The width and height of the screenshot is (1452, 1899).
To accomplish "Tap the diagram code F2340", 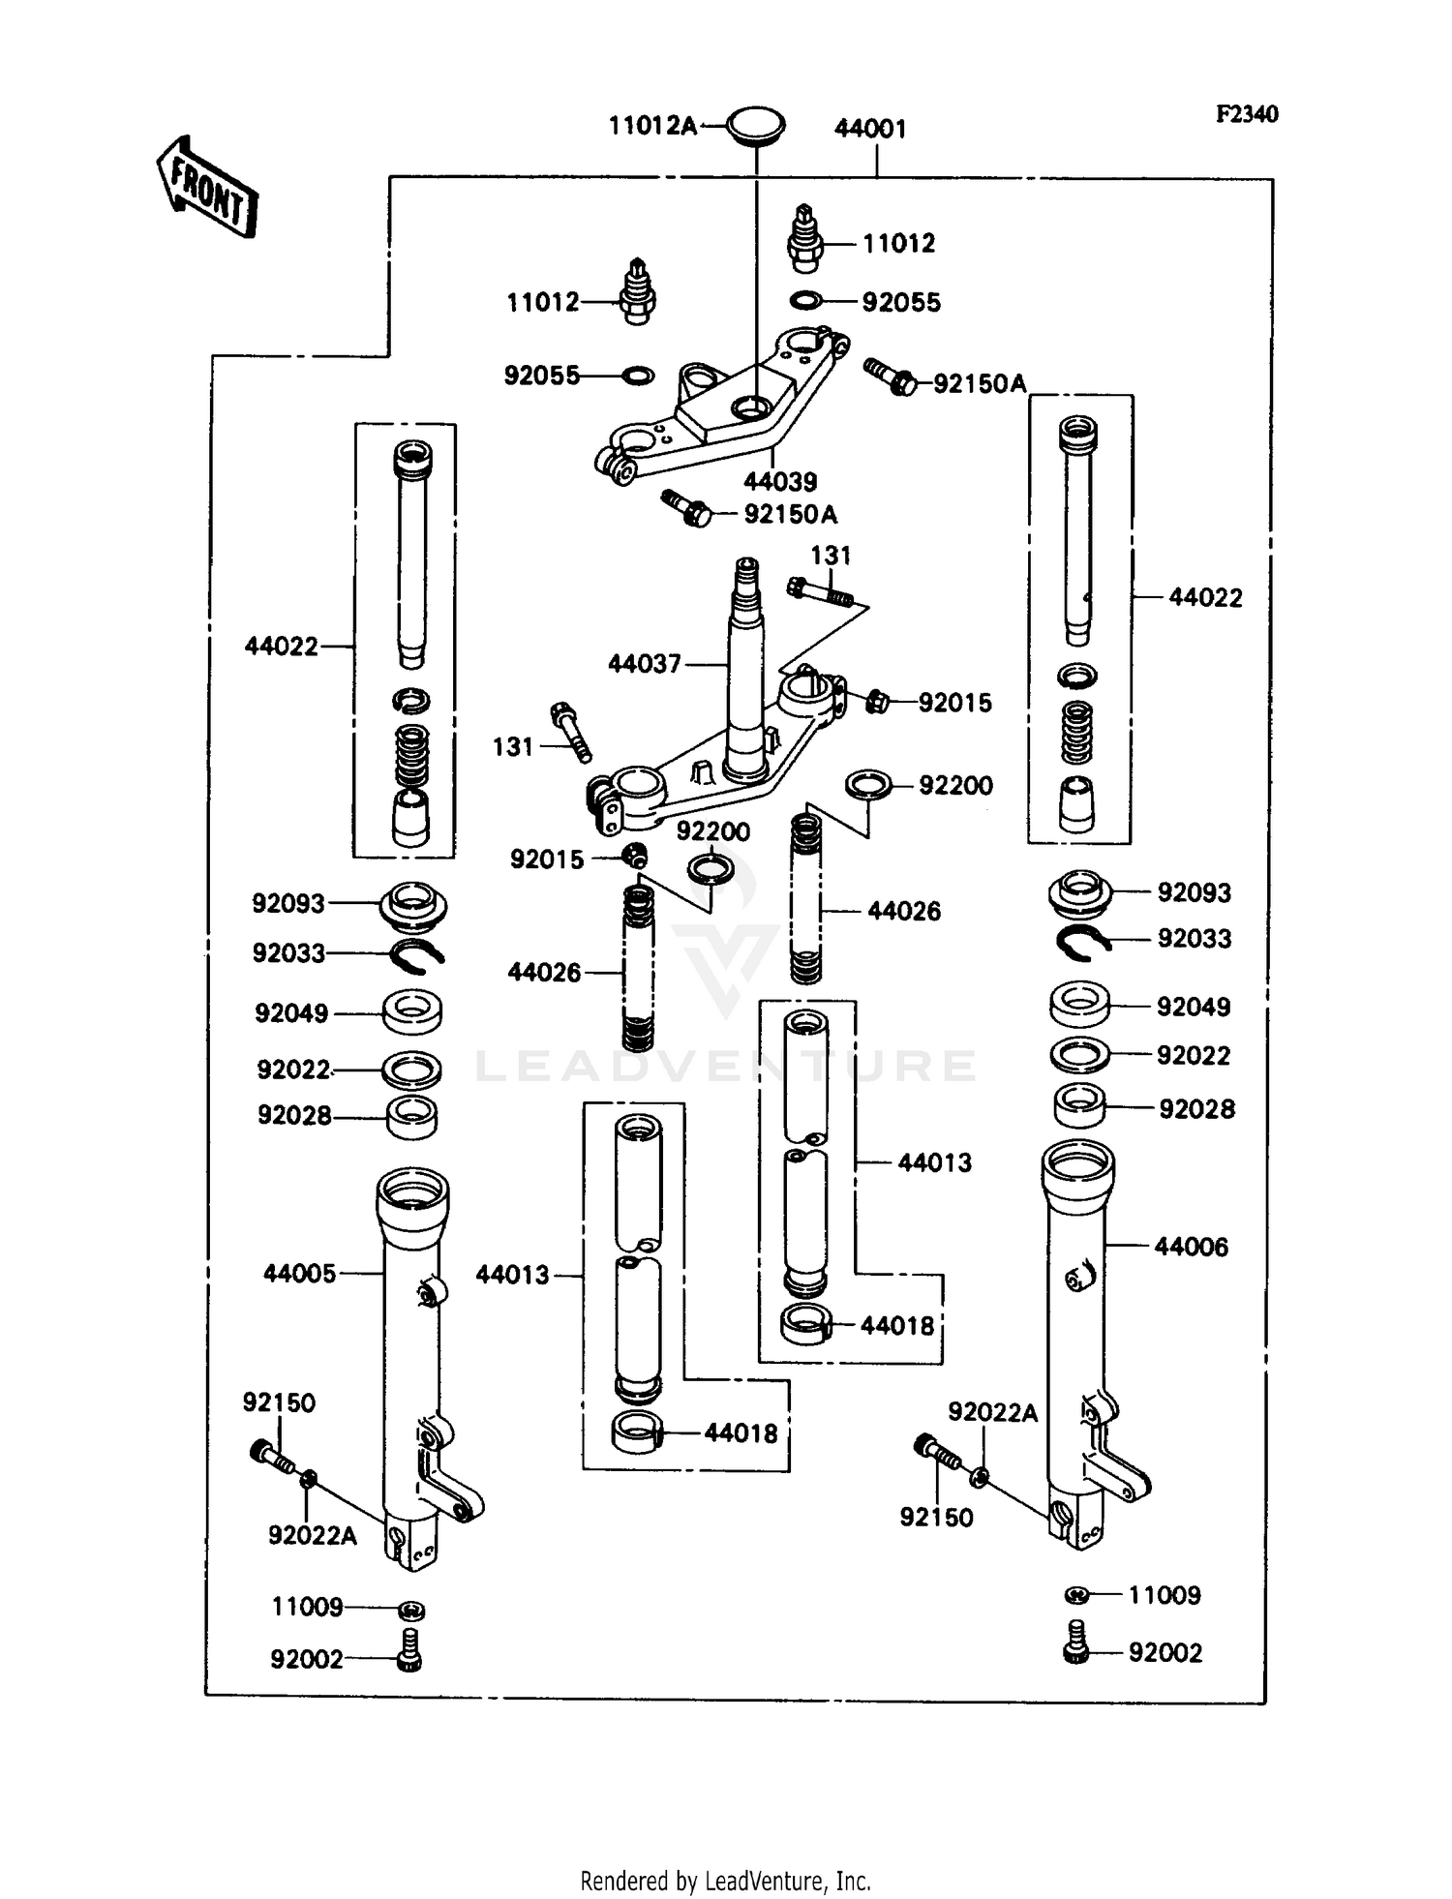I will [1247, 114].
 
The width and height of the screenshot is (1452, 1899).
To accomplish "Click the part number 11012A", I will [651, 126].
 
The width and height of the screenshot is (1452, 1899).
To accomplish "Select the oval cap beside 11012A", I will [755, 127].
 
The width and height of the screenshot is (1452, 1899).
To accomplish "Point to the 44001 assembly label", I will [870, 129].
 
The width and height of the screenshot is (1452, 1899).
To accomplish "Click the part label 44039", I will [780, 481].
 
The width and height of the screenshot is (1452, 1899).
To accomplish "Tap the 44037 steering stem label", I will [645, 664].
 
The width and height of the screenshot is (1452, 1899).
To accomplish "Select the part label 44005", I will [300, 1274].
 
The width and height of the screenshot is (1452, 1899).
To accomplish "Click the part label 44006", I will [1191, 1247].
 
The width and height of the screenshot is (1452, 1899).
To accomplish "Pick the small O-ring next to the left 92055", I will [635, 376].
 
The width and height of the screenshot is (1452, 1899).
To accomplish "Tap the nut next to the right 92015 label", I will [876, 702].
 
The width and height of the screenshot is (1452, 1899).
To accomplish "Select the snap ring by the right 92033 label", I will [1083, 942].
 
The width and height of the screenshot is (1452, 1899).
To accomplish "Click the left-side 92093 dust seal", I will [413, 906].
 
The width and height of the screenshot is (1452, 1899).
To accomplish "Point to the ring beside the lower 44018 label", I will [636, 1433].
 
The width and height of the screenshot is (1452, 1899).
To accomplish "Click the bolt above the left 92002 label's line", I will [409, 1660].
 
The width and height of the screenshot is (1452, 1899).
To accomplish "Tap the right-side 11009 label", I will [1165, 1594].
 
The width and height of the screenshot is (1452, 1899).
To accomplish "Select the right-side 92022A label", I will [992, 1413].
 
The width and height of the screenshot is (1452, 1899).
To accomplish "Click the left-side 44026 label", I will [544, 973].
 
